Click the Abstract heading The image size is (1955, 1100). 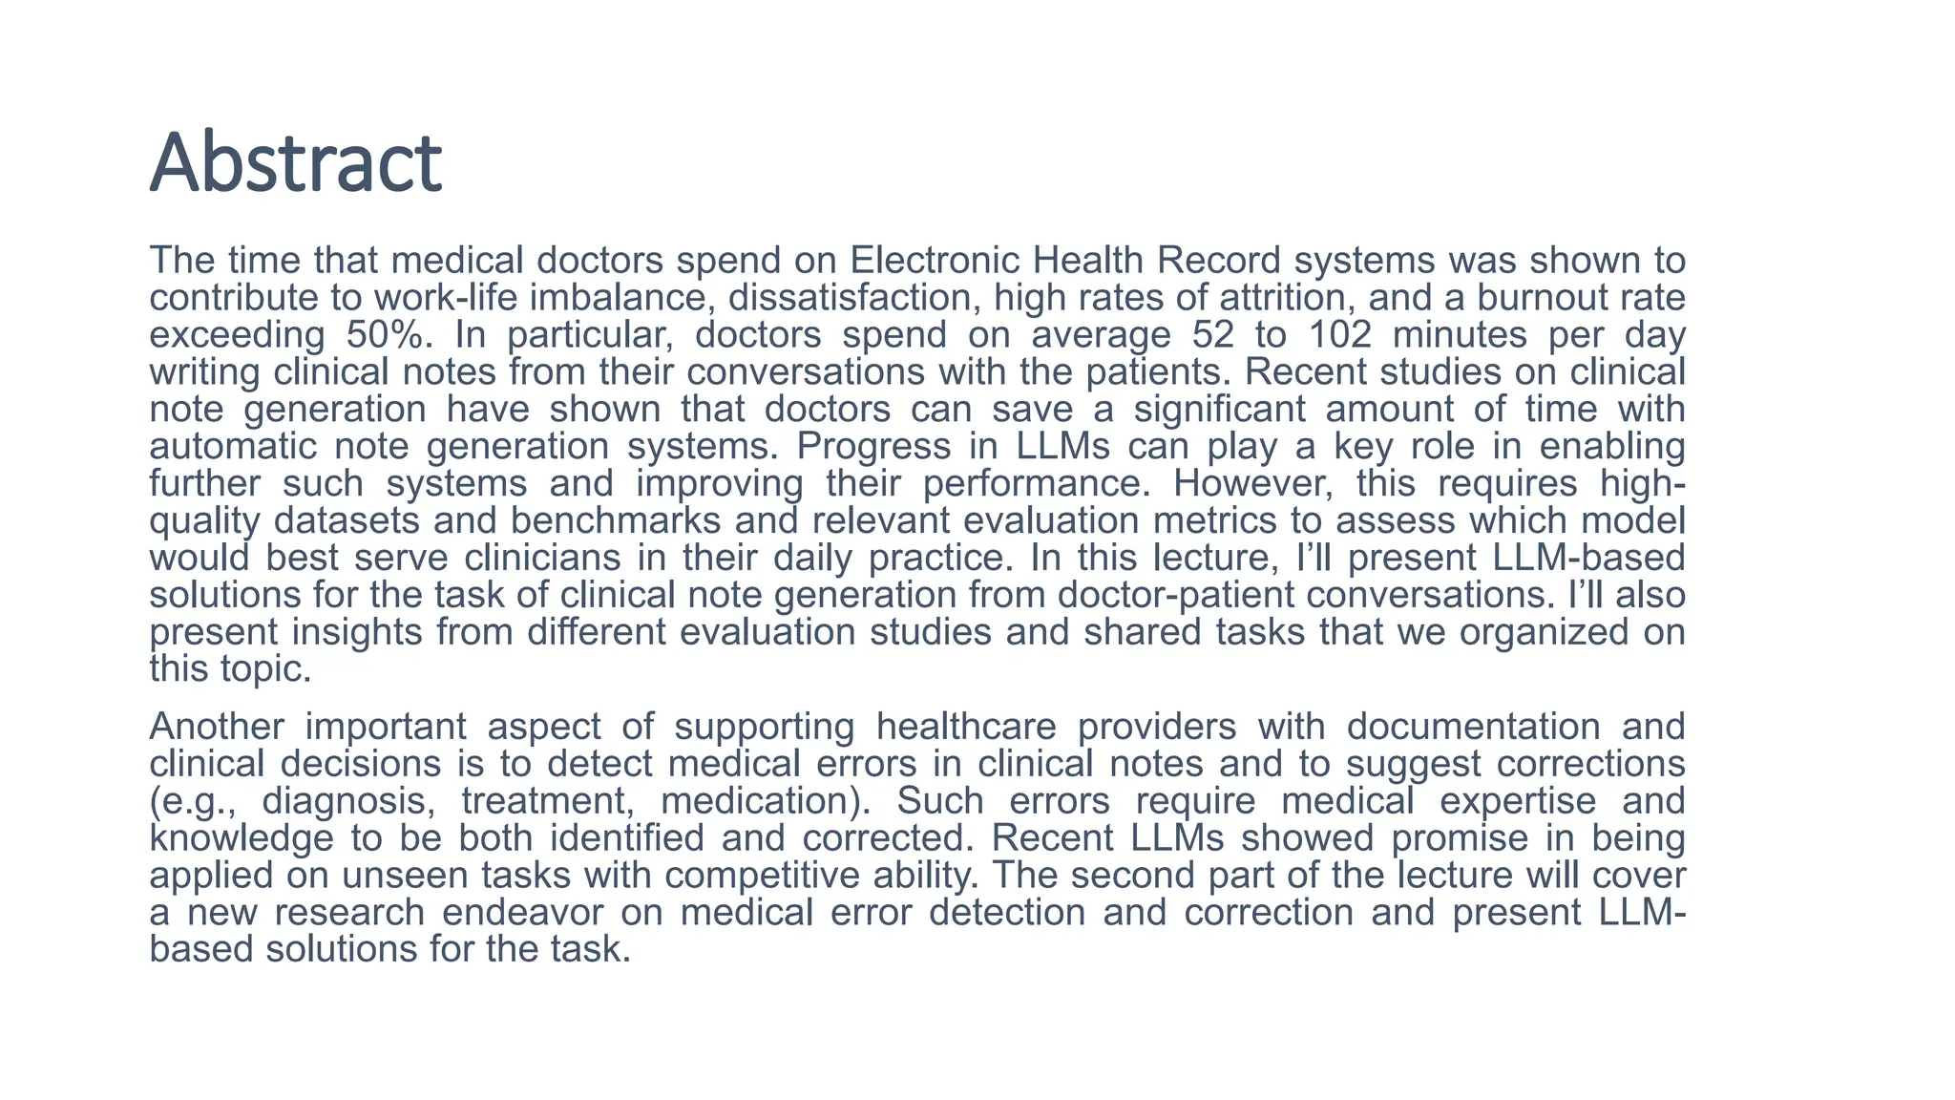[296, 162]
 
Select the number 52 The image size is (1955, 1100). [1213, 335]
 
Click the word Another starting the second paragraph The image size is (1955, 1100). [217, 728]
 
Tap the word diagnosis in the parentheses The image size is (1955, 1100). [348, 802]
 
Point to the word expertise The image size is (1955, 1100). [1518, 802]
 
